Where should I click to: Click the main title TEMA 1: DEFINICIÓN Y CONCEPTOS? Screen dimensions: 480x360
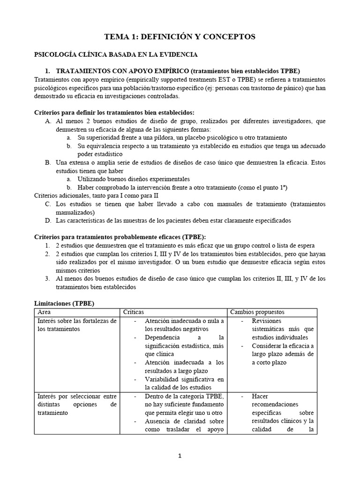[180, 37]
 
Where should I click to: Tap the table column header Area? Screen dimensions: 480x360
[44, 312]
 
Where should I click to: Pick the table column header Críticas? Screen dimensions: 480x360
[134, 312]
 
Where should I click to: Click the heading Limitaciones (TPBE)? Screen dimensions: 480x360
[65, 303]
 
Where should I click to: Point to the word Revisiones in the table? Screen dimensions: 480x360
[266, 321]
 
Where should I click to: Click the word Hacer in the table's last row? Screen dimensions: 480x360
[260, 396]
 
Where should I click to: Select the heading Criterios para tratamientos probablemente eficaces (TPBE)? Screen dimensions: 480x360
[120, 236]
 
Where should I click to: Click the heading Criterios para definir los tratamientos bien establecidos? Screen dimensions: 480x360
[115, 112]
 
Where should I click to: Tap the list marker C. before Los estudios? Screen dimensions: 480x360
[48, 204]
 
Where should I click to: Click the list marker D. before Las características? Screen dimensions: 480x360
[48, 220]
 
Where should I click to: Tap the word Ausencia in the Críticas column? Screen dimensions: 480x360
[159, 421]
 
